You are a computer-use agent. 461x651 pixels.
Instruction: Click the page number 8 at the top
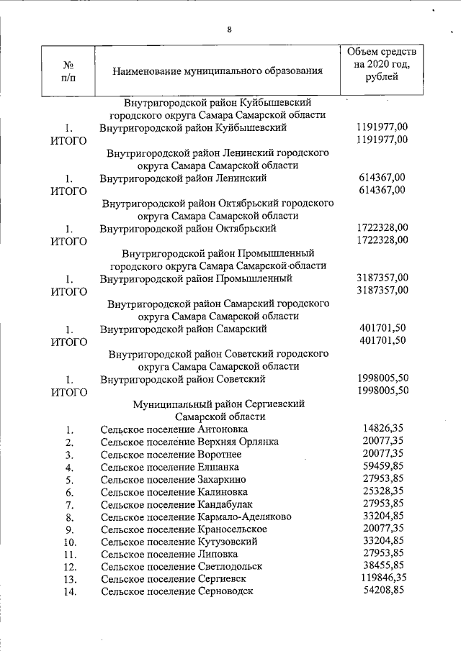[229, 29]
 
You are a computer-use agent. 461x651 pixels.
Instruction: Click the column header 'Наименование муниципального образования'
[217, 71]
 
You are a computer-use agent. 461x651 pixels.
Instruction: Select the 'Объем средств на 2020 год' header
[381, 65]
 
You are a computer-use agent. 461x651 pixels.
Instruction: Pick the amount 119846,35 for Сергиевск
[380, 578]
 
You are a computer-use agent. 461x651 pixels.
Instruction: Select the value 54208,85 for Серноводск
[383, 590]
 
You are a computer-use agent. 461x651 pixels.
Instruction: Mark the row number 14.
[70, 592]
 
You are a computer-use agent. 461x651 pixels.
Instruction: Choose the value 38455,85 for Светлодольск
[383, 565]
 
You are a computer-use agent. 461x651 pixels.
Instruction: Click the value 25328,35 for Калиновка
[383, 491]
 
